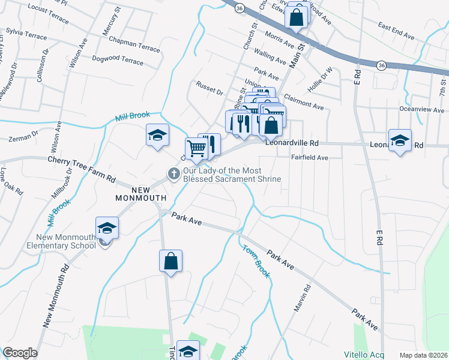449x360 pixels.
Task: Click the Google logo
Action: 20,353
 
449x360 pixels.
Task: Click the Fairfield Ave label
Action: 309,158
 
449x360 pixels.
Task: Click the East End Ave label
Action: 396,32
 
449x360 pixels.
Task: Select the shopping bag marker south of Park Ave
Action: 170,262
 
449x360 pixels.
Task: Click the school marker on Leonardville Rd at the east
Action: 400,141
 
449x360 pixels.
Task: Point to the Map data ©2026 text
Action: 423,355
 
